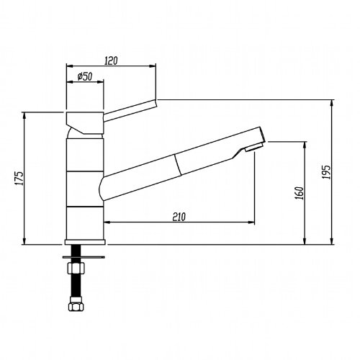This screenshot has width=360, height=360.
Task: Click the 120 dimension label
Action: click(x=112, y=60)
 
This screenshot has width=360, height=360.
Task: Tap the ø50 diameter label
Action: click(x=85, y=76)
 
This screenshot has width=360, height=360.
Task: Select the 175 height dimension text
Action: click(x=19, y=178)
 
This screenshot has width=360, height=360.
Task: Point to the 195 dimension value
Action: click(x=326, y=172)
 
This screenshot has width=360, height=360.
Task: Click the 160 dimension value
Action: click(x=300, y=193)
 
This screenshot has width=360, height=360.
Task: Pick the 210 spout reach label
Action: click(x=179, y=217)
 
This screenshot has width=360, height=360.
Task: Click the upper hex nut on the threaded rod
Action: click(x=76, y=268)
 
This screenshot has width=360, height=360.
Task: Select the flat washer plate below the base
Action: click(x=84, y=257)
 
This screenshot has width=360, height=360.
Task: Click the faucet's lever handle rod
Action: click(x=130, y=111)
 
